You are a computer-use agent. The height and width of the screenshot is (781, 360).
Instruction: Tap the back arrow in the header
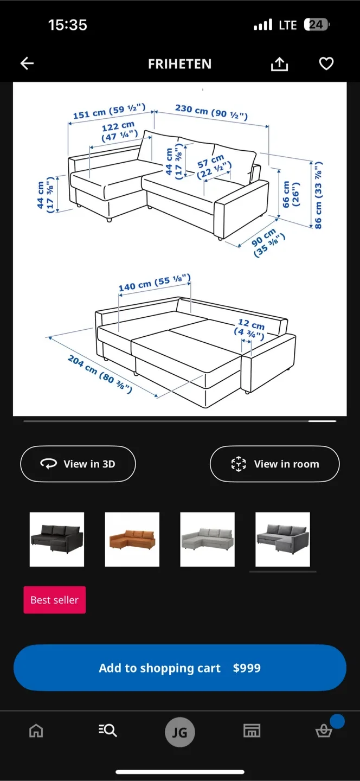click(27, 64)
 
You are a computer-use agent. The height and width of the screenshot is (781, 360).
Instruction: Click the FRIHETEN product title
click(179, 64)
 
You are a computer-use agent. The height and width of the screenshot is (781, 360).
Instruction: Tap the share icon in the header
click(279, 64)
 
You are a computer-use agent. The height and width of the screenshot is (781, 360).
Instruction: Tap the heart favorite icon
click(326, 64)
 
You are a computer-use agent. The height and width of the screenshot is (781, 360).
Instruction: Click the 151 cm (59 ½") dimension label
click(109, 112)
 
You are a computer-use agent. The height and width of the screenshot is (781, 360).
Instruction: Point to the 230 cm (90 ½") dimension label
click(211, 112)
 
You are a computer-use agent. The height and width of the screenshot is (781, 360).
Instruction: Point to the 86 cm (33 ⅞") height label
click(318, 195)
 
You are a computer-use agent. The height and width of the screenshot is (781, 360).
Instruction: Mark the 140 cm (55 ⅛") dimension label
click(155, 283)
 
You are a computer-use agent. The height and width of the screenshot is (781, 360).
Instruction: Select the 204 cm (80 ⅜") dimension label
click(99, 374)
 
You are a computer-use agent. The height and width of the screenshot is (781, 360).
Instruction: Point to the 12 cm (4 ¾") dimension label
click(250, 329)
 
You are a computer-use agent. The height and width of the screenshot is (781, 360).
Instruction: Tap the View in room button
click(274, 464)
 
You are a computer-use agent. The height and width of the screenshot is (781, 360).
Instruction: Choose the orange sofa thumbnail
click(132, 539)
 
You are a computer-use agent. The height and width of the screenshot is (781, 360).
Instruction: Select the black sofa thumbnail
click(57, 539)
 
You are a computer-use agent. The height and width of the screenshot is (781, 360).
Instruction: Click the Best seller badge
click(55, 600)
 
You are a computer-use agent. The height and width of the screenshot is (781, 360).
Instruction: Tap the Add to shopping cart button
click(179, 668)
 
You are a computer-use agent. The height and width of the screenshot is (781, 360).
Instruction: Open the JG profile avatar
click(179, 732)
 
